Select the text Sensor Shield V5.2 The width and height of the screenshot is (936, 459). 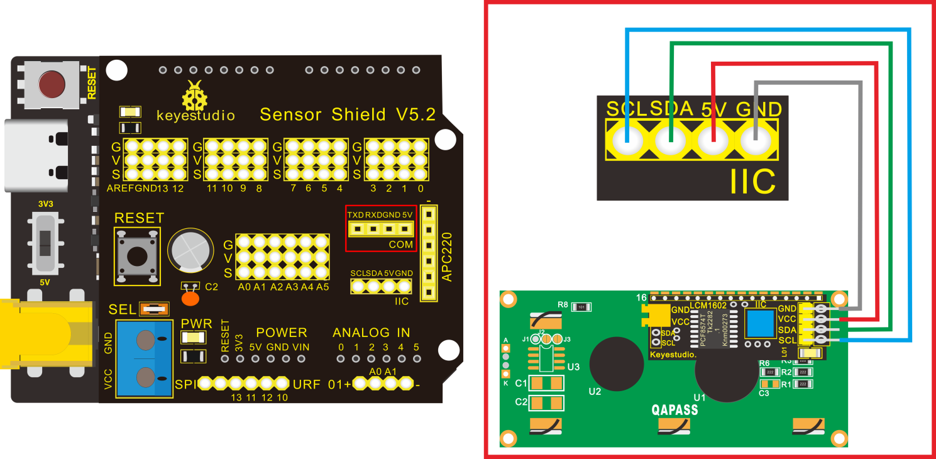point(347,114)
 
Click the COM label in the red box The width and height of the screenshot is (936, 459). point(400,244)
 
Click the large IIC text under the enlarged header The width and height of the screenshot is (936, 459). point(752,181)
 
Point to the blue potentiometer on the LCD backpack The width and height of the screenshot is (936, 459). point(759,324)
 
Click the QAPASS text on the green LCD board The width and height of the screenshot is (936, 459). point(674,411)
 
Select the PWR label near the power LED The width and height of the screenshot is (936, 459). point(197,324)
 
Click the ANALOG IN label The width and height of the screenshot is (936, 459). point(371,333)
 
